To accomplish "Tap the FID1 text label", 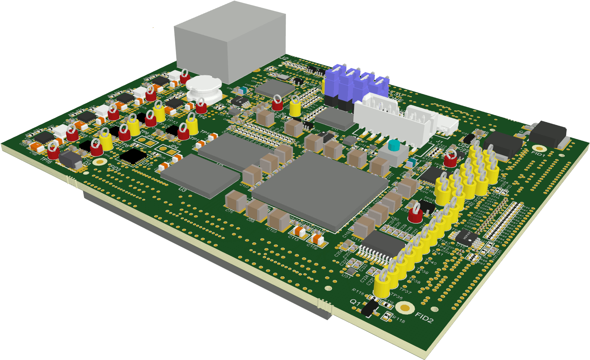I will [x=538, y=154].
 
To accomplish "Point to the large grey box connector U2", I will [x=230, y=42].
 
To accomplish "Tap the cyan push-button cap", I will [x=394, y=145].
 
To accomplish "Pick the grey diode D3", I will [x=71, y=160].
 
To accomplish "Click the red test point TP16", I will [x=53, y=151].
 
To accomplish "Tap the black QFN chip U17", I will [x=133, y=156].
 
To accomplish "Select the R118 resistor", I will [x=387, y=317].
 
